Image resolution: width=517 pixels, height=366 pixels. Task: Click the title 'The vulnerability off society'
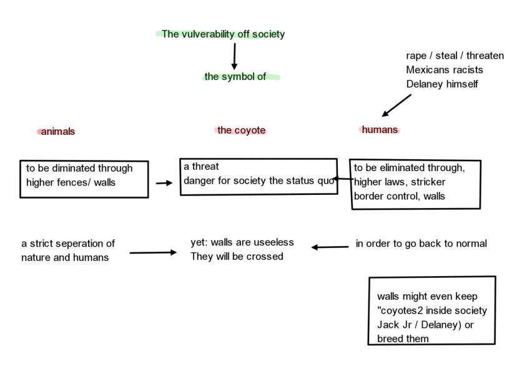(223, 34)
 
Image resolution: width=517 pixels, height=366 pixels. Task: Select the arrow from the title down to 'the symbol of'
(234, 56)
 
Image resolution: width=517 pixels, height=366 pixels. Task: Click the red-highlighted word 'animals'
(57, 131)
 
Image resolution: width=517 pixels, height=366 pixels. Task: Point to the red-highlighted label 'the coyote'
(241, 130)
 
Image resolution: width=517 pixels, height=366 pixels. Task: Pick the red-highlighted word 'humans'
(380, 129)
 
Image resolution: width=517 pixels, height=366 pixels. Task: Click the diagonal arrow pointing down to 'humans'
(396, 106)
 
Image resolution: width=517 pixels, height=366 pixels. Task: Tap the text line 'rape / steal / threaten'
(455, 56)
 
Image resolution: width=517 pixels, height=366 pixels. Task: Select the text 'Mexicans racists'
(444, 69)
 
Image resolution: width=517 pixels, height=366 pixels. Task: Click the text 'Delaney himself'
(441, 84)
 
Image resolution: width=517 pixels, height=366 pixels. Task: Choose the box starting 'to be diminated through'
(84, 179)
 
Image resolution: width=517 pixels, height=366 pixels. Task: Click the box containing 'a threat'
(257, 176)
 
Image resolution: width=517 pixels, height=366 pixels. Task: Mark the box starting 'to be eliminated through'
(415, 184)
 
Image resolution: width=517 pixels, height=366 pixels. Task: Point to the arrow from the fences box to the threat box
(164, 183)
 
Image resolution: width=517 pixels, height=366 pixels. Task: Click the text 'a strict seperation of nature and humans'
(67, 250)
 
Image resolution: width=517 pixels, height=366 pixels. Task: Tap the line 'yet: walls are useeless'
(242, 242)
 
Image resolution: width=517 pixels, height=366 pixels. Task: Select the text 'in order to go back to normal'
(421, 244)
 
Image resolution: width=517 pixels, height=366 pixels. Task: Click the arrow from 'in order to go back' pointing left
(330, 247)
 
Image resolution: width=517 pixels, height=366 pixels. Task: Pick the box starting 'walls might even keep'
(431, 310)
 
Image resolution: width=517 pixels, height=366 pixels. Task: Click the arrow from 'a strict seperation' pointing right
(153, 253)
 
